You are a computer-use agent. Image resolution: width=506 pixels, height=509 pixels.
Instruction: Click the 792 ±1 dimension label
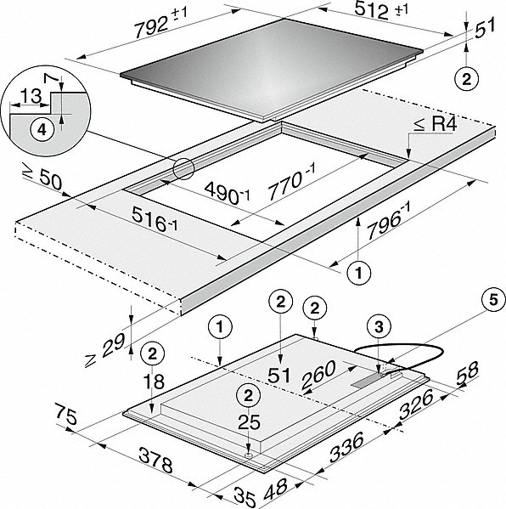(x=161, y=24)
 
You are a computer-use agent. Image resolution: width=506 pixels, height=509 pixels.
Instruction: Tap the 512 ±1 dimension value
(x=381, y=10)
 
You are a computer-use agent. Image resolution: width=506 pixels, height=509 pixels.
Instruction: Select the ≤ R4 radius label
(x=436, y=124)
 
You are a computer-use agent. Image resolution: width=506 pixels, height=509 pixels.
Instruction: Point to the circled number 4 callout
(x=42, y=130)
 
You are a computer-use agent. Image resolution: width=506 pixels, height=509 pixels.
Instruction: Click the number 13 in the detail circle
(x=31, y=96)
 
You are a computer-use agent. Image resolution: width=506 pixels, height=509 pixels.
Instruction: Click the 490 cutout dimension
(x=227, y=194)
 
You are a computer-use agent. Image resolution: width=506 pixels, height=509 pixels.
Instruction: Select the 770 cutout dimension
(x=291, y=181)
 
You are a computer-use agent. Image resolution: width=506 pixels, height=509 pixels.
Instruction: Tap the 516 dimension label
(x=155, y=219)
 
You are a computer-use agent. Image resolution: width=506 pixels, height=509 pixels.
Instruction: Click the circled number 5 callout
(x=493, y=300)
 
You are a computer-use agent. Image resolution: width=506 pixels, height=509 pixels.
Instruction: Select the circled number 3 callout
(x=379, y=327)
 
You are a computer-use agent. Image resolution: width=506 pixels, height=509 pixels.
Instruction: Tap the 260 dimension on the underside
(x=318, y=374)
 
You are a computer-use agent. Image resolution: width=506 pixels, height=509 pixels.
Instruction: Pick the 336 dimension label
(x=346, y=447)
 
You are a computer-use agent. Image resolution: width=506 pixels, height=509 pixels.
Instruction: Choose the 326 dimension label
(x=416, y=404)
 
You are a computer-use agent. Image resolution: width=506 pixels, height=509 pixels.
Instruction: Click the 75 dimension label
(x=66, y=413)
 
